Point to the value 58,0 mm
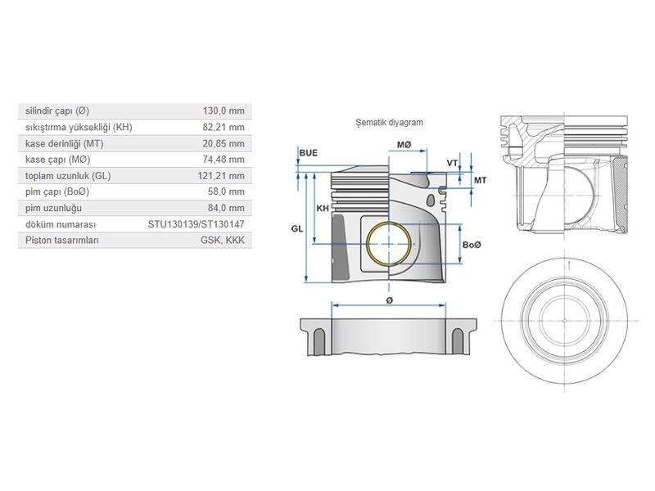(x=226, y=191)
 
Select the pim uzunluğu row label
(x=51, y=208)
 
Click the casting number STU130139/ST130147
(x=196, y=223)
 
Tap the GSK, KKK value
(x=224, y=240)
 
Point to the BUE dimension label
(x=309, y=153)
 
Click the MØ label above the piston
(x=404, y=145)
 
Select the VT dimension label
(x=452, y=164)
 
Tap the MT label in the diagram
(x=480, y=180)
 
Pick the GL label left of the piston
(x=296, y=230)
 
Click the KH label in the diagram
(x=322, y=209)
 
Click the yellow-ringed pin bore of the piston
(x=391, y=245)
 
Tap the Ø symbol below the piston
(x=389, y=301)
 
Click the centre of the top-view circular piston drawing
(x=567, y=317)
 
